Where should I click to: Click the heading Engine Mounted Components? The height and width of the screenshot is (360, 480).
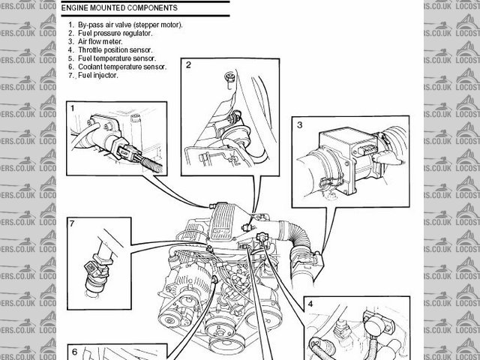coord(119,7)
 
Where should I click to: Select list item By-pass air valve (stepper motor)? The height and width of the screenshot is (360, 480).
coord(125,25)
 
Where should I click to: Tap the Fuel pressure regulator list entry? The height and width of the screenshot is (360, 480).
coord(110,33)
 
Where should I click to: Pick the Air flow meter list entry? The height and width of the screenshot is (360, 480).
coord(95,41)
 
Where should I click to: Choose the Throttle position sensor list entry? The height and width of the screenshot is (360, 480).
coord(110,50)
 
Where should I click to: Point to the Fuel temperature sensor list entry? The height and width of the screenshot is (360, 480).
coord(112,58)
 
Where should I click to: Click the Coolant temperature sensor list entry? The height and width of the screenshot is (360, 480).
coord(118,67)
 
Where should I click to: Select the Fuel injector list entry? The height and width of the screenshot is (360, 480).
coord(93,75)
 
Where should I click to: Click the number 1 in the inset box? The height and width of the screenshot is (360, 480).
coord(73,108)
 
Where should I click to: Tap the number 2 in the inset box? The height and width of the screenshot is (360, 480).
coord(188,65)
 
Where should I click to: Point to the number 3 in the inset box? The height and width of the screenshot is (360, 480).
coord(300,125)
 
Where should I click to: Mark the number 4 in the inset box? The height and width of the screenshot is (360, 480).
coord(310,304)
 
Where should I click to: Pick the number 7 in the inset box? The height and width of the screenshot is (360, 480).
coord(72,223)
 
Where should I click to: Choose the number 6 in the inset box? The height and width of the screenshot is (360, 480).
coord(75,352)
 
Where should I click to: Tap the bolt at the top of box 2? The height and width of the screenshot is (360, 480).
coord(229,79)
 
